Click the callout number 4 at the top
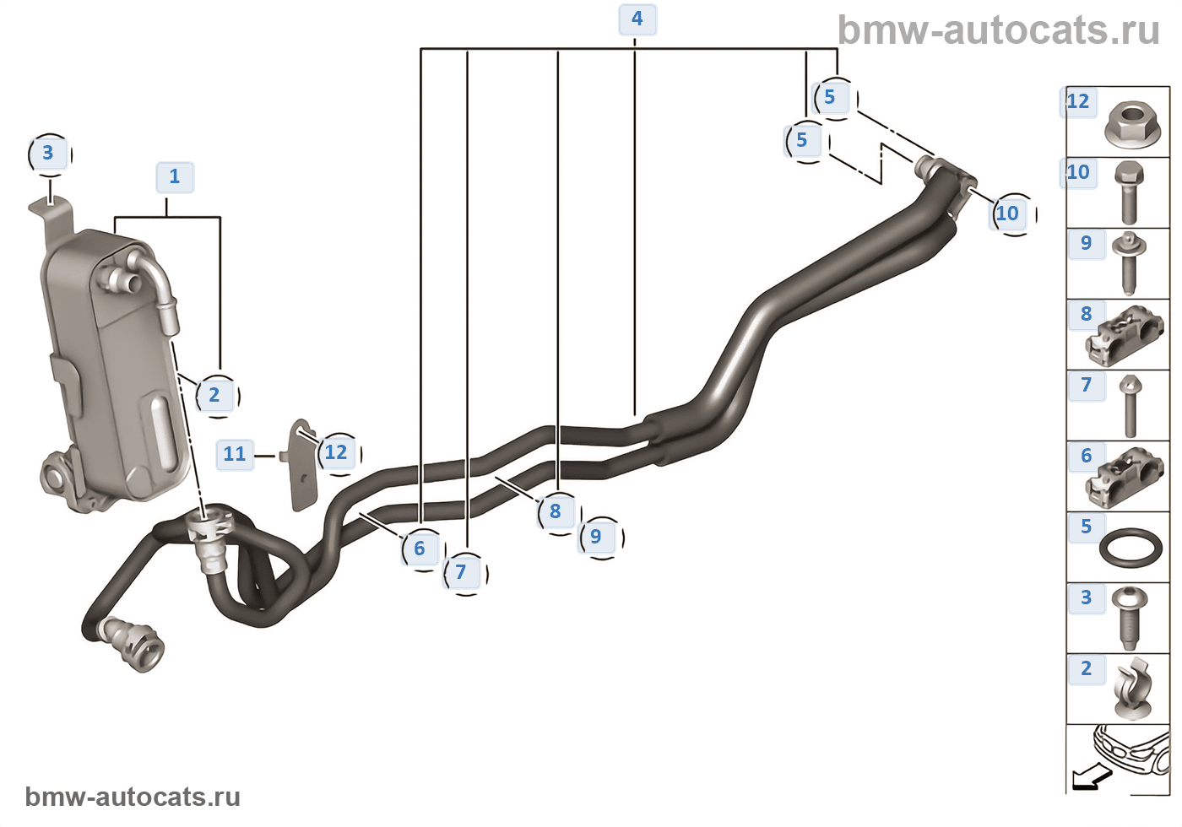637,19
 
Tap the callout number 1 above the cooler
175,177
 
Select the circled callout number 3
49,154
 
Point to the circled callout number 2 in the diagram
216,396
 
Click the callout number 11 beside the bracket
235,455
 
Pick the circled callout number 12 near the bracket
339,453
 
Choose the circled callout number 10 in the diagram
1011,214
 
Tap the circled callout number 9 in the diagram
599,537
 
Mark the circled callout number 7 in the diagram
464,573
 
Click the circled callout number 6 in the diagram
422,549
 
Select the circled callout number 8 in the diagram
558,512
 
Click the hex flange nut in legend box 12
1132,125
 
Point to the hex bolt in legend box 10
1130,193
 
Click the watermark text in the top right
998,30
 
